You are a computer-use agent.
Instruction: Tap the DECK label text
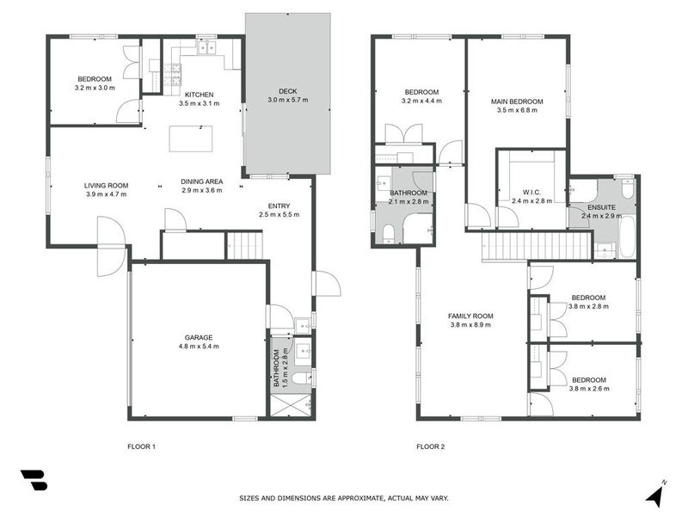point(287,91)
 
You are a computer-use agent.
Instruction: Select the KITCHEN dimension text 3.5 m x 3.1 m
point(199,103)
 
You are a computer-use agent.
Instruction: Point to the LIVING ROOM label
point(106,185)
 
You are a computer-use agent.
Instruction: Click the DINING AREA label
point(202,181)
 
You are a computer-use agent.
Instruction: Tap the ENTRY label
point(279,205)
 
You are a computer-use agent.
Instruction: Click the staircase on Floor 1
point(244,245)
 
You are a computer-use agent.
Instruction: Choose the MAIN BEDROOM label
point(517,101)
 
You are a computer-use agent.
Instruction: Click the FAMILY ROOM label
point(470,316)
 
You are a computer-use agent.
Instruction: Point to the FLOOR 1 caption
point(141,446)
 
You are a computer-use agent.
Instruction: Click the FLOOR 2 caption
point(430,446)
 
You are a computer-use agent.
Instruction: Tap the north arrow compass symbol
point(655,494)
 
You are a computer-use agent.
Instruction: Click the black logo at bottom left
point(34,481)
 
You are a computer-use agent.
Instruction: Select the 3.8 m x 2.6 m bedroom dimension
point(589,389)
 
